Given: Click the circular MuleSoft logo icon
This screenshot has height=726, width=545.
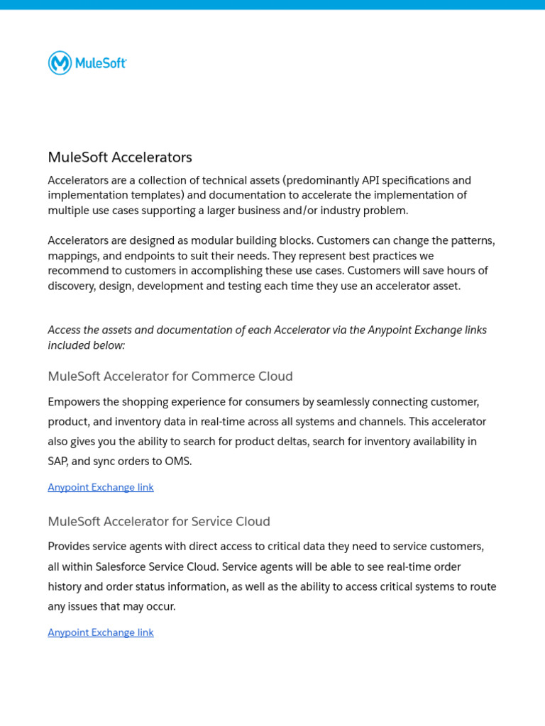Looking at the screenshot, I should tap(60, 63).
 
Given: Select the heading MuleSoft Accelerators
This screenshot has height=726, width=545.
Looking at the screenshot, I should tap(120, 157).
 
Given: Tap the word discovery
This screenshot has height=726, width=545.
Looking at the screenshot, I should tap(72, 286).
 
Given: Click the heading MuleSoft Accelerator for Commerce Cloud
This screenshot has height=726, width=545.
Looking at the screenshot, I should tap(170, 376).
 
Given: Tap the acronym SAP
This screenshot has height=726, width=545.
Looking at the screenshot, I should tap(58, 462).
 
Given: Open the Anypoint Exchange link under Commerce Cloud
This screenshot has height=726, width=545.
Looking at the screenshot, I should tap(101, 488).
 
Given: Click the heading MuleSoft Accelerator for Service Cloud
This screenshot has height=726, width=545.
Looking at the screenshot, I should tap(159, 522).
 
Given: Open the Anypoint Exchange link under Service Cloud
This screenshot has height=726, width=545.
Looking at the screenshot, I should tap(101, 632).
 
